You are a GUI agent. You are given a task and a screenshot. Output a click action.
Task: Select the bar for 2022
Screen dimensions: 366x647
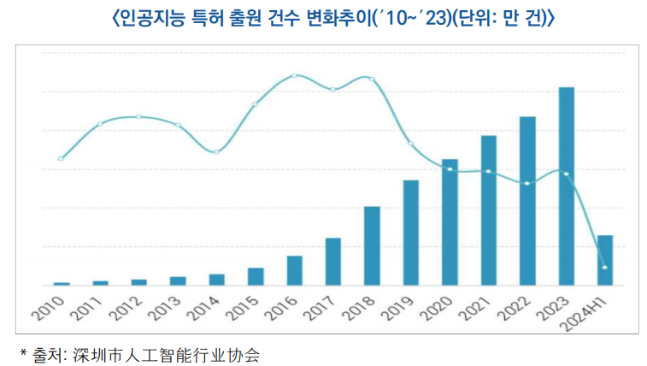click(527, 201)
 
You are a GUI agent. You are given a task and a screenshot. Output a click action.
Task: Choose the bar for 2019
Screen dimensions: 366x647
click(411, 233)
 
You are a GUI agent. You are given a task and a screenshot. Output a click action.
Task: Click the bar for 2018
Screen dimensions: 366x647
click(372, 246)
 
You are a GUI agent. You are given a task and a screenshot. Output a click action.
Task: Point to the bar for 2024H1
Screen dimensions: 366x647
click(605, 260)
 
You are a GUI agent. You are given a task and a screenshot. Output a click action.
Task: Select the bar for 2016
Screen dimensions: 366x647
click(294, 270)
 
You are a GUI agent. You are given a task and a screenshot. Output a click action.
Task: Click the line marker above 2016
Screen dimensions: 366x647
click(294, 75)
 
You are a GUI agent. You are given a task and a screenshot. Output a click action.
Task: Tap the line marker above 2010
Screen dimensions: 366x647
click(61, 158)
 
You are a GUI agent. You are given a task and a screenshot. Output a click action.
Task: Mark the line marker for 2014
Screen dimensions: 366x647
click(216, 151)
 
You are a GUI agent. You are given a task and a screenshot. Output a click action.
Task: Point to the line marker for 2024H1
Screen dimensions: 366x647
click(605, 268)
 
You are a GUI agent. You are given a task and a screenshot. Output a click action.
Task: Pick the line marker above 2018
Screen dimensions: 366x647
click(372, 79)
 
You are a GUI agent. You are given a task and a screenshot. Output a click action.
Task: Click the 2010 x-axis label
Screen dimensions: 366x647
click(53, 307)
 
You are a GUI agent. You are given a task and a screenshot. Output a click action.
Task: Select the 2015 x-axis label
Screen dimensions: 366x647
click(247, 307)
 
